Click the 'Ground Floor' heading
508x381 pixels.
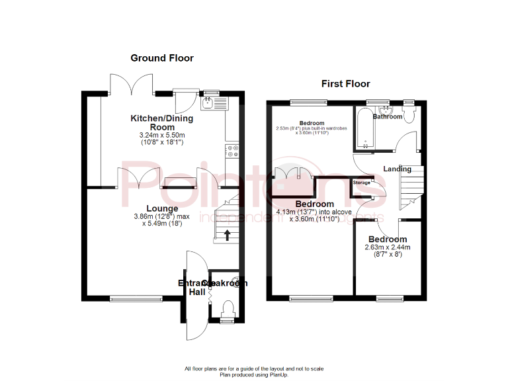click(162, 58)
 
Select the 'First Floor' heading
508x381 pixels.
click(345, 84)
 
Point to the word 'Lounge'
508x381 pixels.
click(162, 208)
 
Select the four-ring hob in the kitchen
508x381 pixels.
click(233, 151)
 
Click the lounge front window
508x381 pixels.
click(136, 298)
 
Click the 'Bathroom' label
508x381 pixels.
click(387, 116)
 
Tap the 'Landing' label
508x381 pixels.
click(396, 169)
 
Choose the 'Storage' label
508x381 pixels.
click(361, 182)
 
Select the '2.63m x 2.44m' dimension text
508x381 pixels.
click(388, 247)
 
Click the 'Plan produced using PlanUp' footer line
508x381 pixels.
click(254, 374)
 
